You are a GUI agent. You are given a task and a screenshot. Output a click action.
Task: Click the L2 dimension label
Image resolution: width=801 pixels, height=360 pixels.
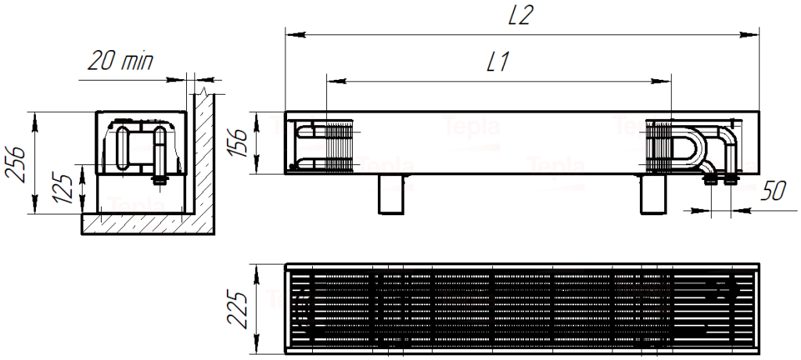click(x=520, y=16)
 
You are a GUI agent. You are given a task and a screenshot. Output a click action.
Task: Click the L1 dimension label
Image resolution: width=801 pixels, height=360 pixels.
click(x=497, y=63)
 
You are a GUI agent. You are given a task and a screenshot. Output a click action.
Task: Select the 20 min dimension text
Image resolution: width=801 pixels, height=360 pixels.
click(x=120, y=62)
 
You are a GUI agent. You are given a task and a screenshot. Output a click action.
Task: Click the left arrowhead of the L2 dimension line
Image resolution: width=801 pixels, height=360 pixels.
click(x=291, y=34)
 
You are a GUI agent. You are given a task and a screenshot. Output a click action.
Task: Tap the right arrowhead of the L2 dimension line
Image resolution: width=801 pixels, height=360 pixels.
click(x=753, y=34)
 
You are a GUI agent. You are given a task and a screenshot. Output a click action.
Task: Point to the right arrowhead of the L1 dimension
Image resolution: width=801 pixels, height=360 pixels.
click(x=665, y=81)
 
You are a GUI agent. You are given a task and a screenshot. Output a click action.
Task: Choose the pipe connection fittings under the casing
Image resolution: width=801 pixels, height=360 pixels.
click(x=721, y=180)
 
